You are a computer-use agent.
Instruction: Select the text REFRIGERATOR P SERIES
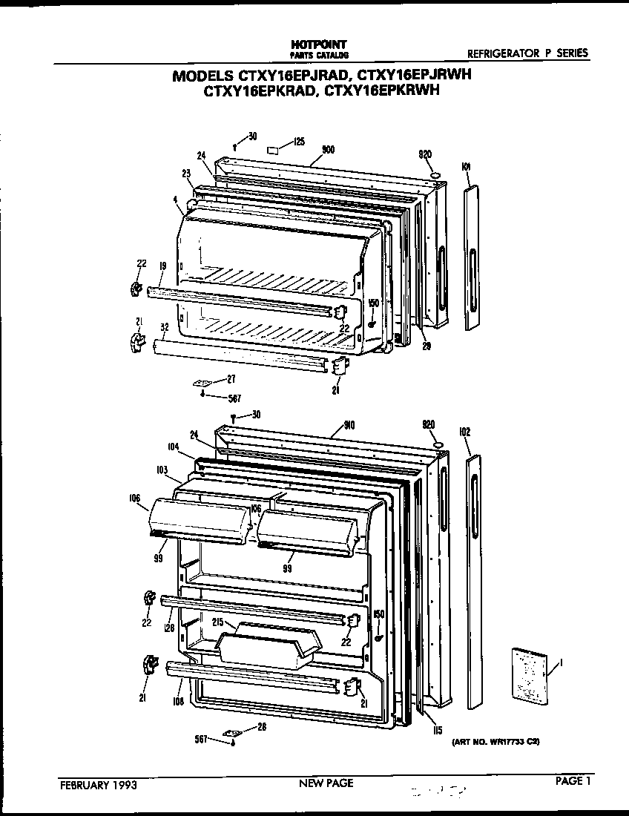pyautogui.click(x=527, y=53)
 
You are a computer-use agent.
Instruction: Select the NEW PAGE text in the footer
pyautogui.click(x=326, y=783)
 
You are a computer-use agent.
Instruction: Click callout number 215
pyautogui.click(x=218, y=622)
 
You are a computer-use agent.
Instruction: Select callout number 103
pyautogui.click(x=162, y=470)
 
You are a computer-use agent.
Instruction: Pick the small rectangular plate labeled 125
pyautogui.click(x=273, y=148)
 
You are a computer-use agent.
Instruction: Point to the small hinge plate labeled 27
pyautogui.click(x=202, y=384)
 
